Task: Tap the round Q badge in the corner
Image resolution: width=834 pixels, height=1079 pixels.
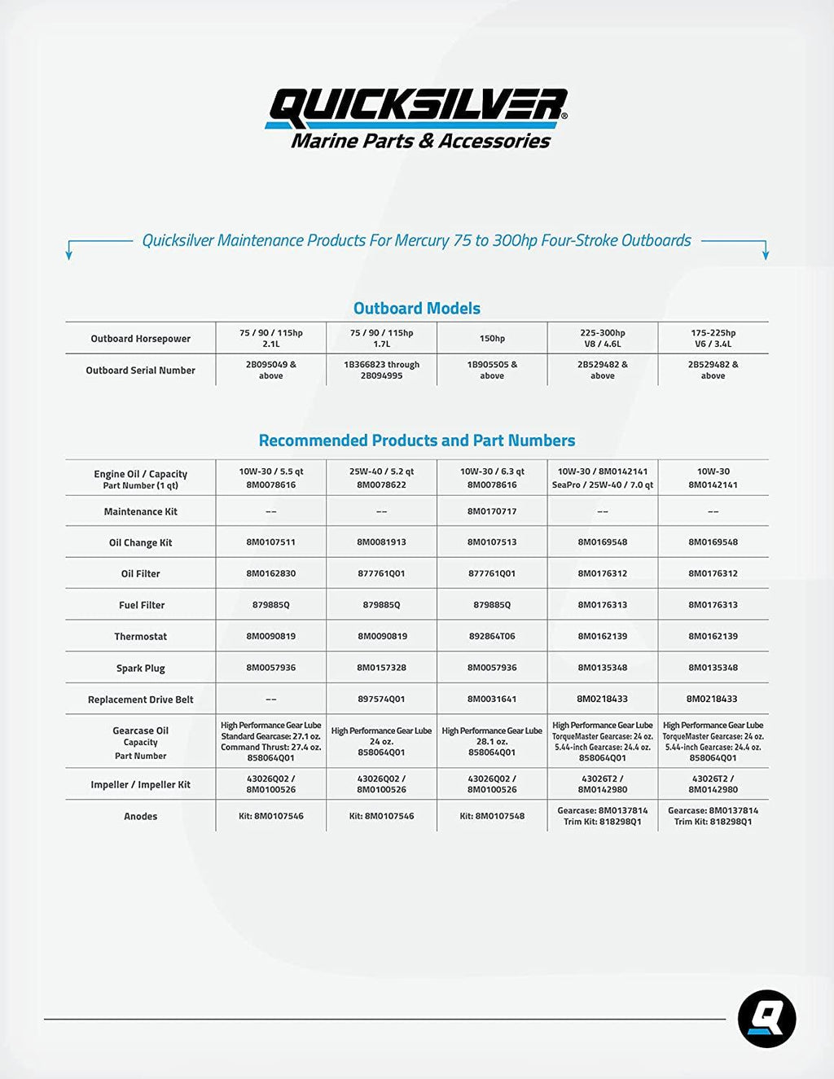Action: tap(766, 1018)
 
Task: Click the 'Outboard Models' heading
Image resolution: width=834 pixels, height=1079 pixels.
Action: tap(416, 309)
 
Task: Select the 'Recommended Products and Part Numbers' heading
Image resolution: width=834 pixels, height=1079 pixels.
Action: tap(416, 441)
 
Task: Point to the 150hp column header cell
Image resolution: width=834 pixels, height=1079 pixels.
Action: tap(492, 338)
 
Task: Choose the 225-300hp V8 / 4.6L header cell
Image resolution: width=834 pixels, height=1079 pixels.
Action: tap(603, 338)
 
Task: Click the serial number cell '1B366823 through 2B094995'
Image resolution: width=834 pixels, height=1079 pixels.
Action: tap(381, 370)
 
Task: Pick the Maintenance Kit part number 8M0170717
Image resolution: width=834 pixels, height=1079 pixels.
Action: tap(492, 511)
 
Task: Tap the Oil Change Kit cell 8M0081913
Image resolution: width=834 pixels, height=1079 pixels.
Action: tap(381, 542)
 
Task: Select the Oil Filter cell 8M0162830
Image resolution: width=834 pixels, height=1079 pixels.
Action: tap(271, 573)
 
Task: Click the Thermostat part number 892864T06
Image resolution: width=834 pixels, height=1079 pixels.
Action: tap(492, 636)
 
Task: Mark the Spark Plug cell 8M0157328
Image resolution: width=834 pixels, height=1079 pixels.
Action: tap(381, 668)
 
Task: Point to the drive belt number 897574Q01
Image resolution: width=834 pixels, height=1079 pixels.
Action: tap(381, 699)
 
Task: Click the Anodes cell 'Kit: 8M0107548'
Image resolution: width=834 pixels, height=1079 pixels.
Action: tap(492, 816)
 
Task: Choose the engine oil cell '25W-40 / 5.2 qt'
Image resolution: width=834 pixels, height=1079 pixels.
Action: tap(381, 477)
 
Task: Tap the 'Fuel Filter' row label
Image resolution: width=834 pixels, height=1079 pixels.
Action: tap(141, 605)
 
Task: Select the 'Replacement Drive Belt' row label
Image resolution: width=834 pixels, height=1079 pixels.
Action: tap(141, 700)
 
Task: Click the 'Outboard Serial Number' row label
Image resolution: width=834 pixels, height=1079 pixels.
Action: tap(141, 371)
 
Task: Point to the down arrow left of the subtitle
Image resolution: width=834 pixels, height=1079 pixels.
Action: tap(69, 252)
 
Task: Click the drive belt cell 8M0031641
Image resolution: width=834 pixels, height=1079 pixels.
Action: tap(492, 699)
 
